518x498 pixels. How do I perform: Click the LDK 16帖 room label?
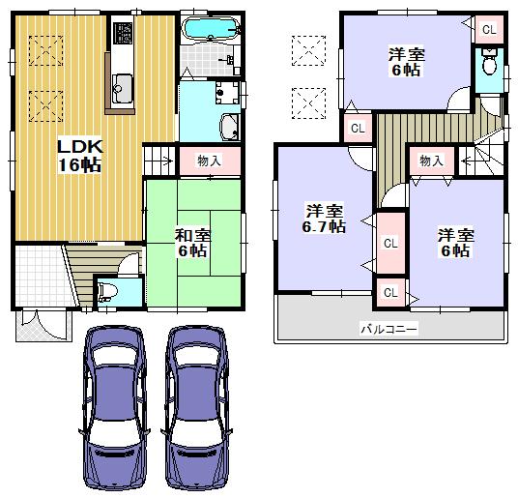click(x=78, y=155)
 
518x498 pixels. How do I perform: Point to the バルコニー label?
click(x=388, y=330)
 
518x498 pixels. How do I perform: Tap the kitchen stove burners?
click(x=123, y=36)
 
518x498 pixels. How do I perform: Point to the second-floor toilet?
click(x=489, y=67)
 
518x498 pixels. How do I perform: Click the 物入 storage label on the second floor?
click(x=432, y=161)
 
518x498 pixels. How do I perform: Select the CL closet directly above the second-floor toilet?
click(x=489, y=29)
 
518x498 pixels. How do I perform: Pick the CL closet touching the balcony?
click(x=390, y=291)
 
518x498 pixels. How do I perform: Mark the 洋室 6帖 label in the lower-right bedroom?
click(x=454, y=242)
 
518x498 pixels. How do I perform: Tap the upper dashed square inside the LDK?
click(x=44, y=47)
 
